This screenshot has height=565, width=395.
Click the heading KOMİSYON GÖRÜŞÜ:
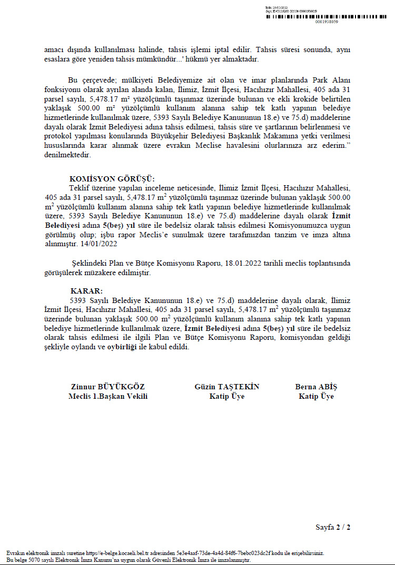112,179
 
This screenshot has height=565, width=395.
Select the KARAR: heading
87,290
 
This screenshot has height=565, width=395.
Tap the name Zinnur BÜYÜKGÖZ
107,387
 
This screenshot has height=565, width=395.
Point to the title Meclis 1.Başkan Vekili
107,396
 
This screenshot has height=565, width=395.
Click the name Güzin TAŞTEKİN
226,387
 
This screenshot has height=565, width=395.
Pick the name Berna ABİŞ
316,387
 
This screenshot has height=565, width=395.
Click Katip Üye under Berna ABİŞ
316,396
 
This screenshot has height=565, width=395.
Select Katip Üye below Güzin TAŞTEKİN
226,396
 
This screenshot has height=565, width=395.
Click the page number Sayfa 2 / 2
333,527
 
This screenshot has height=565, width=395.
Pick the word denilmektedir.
68,155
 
